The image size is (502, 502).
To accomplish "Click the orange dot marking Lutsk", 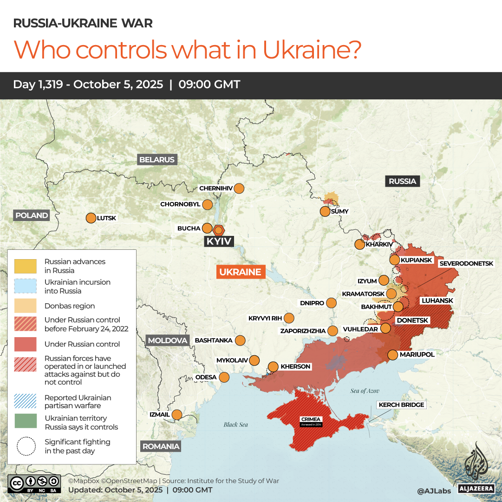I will [91, 218].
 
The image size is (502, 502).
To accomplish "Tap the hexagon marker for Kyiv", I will [219, 230].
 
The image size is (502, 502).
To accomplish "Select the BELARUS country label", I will [157, 160].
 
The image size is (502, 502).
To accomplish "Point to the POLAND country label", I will [32, 215].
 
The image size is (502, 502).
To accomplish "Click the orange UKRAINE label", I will [241, 272].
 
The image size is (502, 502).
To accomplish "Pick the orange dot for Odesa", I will [224, 377].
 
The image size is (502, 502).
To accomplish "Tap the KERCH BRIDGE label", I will [401, 405].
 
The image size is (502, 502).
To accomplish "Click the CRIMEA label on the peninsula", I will [311, 420].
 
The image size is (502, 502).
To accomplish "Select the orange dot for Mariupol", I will [392, 355].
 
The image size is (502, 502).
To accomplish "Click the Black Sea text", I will [236, 424].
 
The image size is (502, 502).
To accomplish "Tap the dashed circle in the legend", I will [26, 446].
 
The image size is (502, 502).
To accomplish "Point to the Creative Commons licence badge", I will [34, 482].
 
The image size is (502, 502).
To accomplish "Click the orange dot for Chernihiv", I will [239, 189].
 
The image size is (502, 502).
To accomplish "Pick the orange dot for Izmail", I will [177, 415].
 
